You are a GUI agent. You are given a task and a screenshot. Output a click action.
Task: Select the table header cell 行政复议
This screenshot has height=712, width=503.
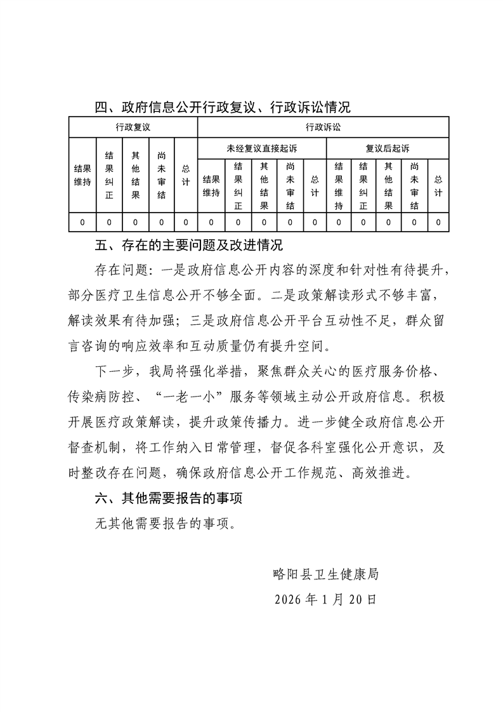click(133, 127)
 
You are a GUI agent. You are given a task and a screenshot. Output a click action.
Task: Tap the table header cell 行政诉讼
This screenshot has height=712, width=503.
click(323, 127)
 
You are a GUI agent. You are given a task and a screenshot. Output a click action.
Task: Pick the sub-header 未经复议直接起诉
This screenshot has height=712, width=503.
click(261, 148)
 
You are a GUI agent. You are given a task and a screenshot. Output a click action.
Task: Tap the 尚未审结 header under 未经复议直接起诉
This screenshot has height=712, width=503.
click(289, 186)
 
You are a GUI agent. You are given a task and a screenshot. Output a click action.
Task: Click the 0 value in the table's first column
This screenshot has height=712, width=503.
click(82, 222)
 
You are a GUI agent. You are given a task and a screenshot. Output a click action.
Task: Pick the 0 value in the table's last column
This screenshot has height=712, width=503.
click(438, 222)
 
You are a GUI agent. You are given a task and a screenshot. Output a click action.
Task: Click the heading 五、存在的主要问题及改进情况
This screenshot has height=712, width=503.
click(188, 246)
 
